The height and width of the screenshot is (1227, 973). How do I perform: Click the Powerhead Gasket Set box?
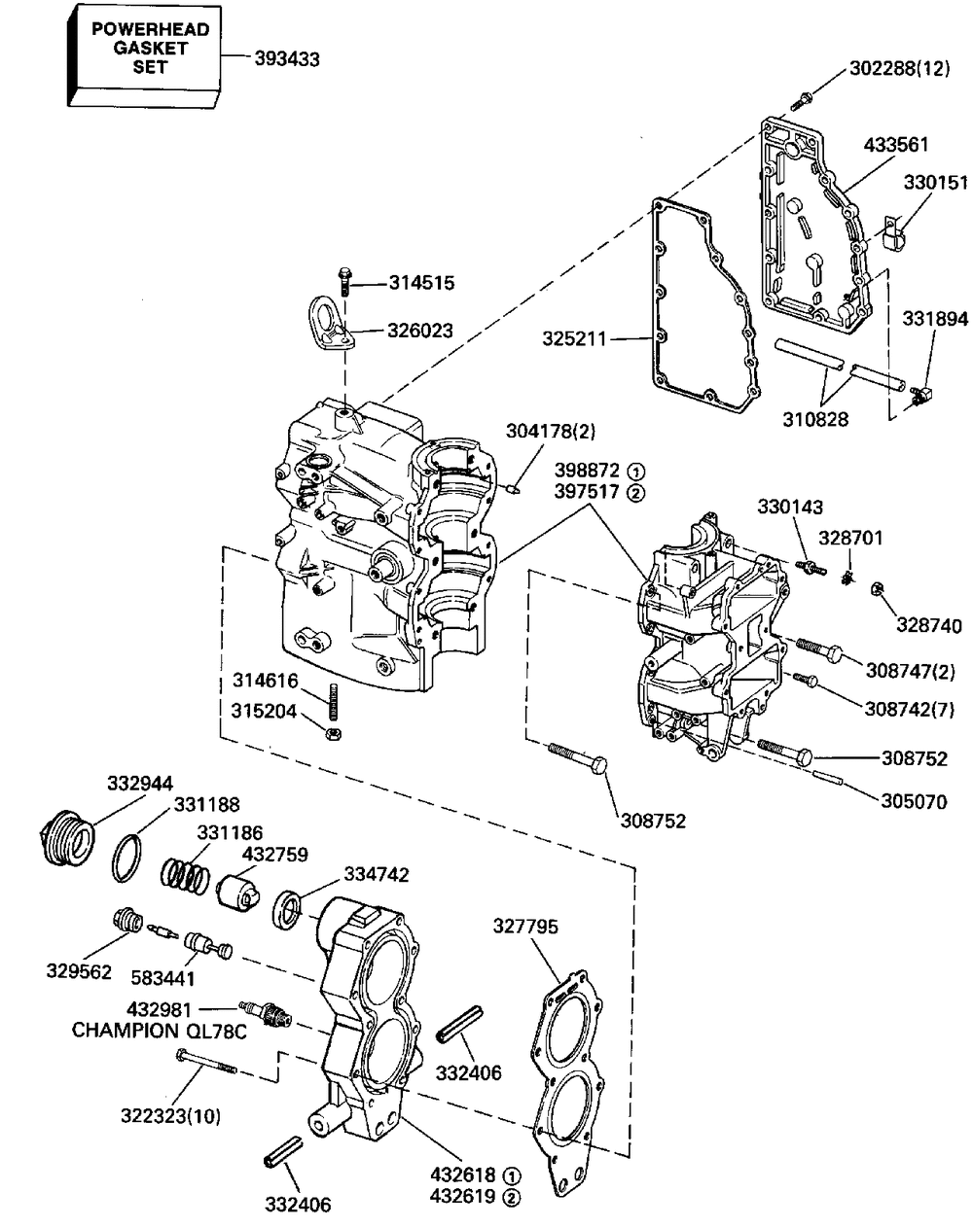click(144, 55)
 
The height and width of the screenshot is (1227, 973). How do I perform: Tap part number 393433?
click(287, 58)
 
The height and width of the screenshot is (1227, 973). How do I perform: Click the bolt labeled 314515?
click(344, 281)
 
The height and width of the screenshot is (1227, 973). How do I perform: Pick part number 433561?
click(896, 145)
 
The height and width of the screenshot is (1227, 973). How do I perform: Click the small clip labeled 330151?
click(892, 233)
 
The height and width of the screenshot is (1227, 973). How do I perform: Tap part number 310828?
click(815, 419)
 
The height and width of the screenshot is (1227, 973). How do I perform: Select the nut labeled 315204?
click(334, 733)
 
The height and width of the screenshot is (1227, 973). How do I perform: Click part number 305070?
click(915, 801)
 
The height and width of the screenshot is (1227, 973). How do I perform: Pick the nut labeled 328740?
click(876, 589)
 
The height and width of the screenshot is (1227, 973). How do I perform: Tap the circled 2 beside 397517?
click(635, 492)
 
